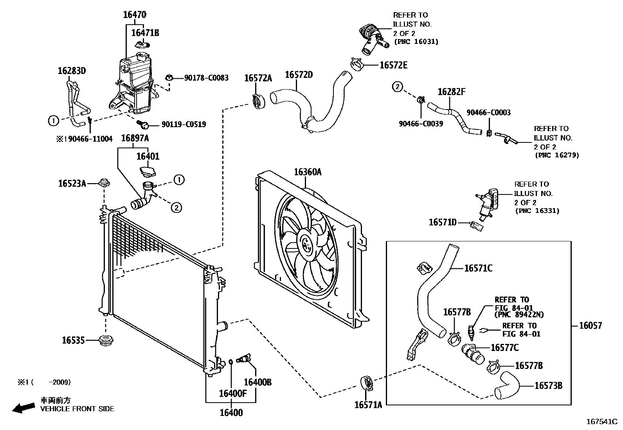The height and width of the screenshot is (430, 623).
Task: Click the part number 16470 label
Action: click(x=135, y=15)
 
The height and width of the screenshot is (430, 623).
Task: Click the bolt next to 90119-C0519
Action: click(x=143, y=124)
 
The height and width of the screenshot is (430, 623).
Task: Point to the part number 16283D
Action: click(x=72, y=71)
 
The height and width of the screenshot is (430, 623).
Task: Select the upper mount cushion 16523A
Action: click(x=104, y=182)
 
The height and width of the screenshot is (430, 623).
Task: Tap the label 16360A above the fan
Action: click(x=308, y=172)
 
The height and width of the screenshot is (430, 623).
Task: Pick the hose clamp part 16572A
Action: click(x=258, y=101)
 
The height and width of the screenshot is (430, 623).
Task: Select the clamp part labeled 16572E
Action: click(x=356, y=64)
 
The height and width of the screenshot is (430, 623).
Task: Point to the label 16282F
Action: click(x=451, y=92)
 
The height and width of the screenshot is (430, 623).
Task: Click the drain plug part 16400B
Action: click(x=246, y=358)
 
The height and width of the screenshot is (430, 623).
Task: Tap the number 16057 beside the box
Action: click(x=591, y=326)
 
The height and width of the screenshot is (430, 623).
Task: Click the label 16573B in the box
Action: click(x=548, y=385)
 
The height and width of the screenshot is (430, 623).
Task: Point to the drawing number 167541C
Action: click(x=601, y=422)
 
